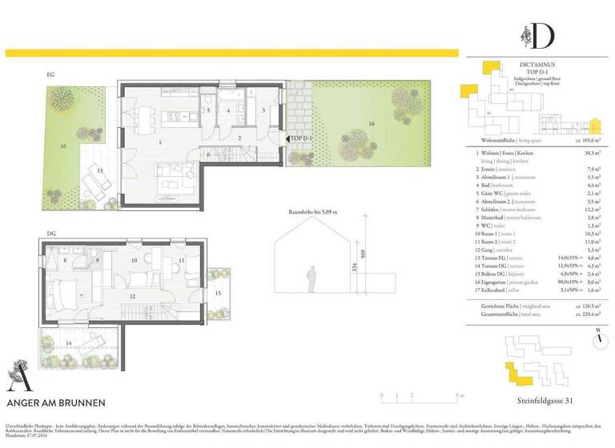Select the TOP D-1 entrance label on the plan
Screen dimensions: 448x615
300,138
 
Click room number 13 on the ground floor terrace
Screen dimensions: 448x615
100,171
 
